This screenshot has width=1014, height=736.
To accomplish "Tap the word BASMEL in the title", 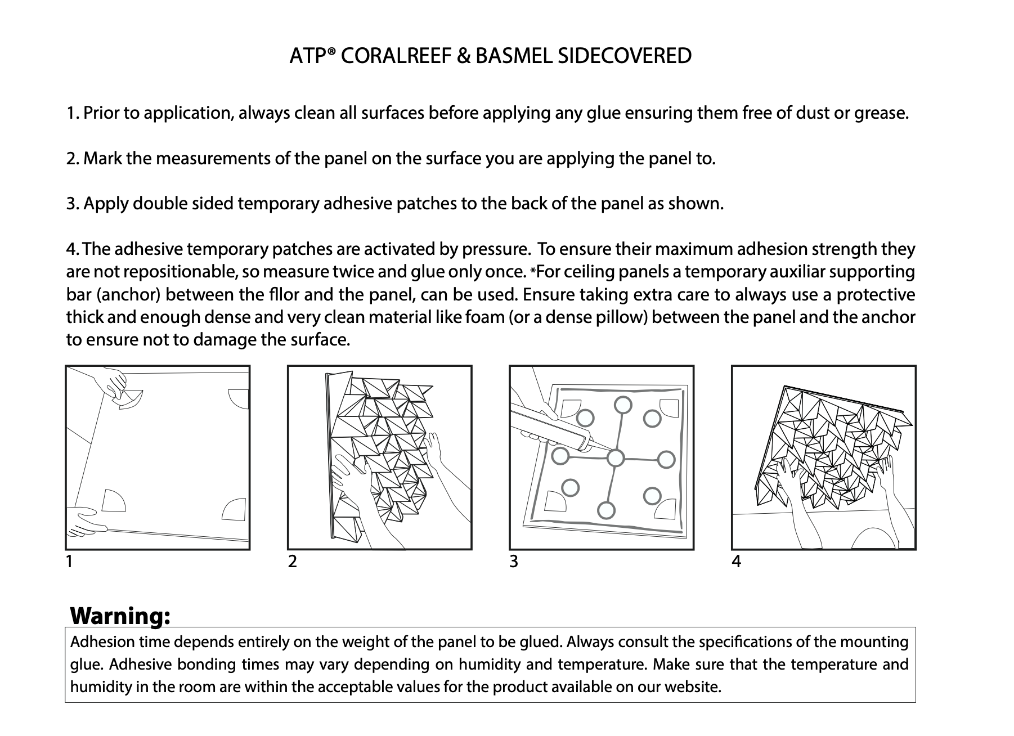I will tap(514, 56).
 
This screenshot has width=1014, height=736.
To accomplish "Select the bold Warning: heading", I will tap(120, 616).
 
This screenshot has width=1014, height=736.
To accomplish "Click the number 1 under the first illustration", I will tap(69, 562).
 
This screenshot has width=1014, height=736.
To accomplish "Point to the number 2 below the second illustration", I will tap(292, 562).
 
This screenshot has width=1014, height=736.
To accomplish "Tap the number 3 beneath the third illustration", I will tap(513, 562).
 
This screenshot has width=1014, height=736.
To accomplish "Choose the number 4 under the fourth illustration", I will tap(736, 562).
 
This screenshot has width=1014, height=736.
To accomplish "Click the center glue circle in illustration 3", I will tap(616, 459).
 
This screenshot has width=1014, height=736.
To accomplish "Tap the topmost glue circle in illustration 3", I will tap(622, 405).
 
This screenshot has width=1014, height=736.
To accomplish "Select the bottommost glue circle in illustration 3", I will tap(605, 510).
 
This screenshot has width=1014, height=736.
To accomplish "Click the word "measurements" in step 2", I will tap(213, 159).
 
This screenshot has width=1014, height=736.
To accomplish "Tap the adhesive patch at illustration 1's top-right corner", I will tap(238, 399).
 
